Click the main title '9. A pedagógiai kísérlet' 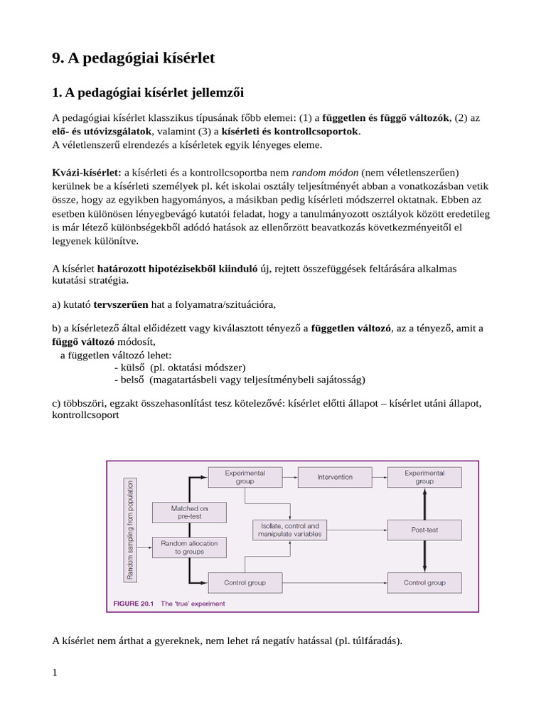click(x=134, y=59)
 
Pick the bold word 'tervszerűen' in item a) click(x=121, y=304)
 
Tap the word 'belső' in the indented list click(x=132, y=380)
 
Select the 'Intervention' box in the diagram click(x=334, y=477)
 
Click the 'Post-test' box click(x=424, y=530)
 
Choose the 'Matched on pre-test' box click(x=189, y=512)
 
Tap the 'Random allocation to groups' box click(x=189, y=547)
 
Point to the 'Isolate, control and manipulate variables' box click(x=289, y=530)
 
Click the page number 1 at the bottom click(x=55, y=673)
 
